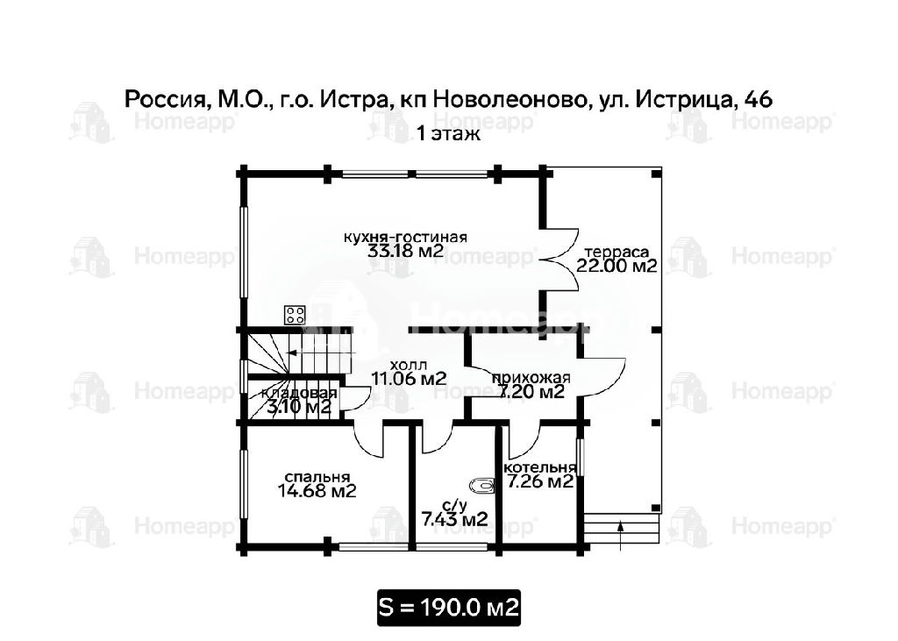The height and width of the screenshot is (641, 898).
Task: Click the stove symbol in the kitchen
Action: [296, 315]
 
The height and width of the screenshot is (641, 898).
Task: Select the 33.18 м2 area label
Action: [405, 251]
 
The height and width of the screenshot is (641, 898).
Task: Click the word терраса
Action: [616, 252]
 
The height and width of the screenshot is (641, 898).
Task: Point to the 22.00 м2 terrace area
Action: [616, 266]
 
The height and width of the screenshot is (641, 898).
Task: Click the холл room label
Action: [409, 365]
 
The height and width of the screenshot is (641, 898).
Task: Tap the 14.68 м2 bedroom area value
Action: [317, 491]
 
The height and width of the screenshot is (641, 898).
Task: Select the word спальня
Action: [317, 477]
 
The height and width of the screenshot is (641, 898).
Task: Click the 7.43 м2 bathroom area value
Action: [455, 520]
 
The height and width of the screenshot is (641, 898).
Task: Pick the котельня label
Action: [539, 467]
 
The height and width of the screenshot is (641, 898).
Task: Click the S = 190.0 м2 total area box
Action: [449, 607]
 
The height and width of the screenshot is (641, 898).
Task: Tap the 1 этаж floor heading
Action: [448, 134]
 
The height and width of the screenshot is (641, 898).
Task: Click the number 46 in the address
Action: [758, 99]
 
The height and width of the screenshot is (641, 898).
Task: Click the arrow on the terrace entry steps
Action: [621, 536]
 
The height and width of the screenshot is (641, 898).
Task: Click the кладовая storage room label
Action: [299, 394]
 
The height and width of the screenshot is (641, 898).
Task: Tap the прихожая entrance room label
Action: [531, 378]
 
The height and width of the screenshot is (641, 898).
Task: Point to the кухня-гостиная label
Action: [405, 237]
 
